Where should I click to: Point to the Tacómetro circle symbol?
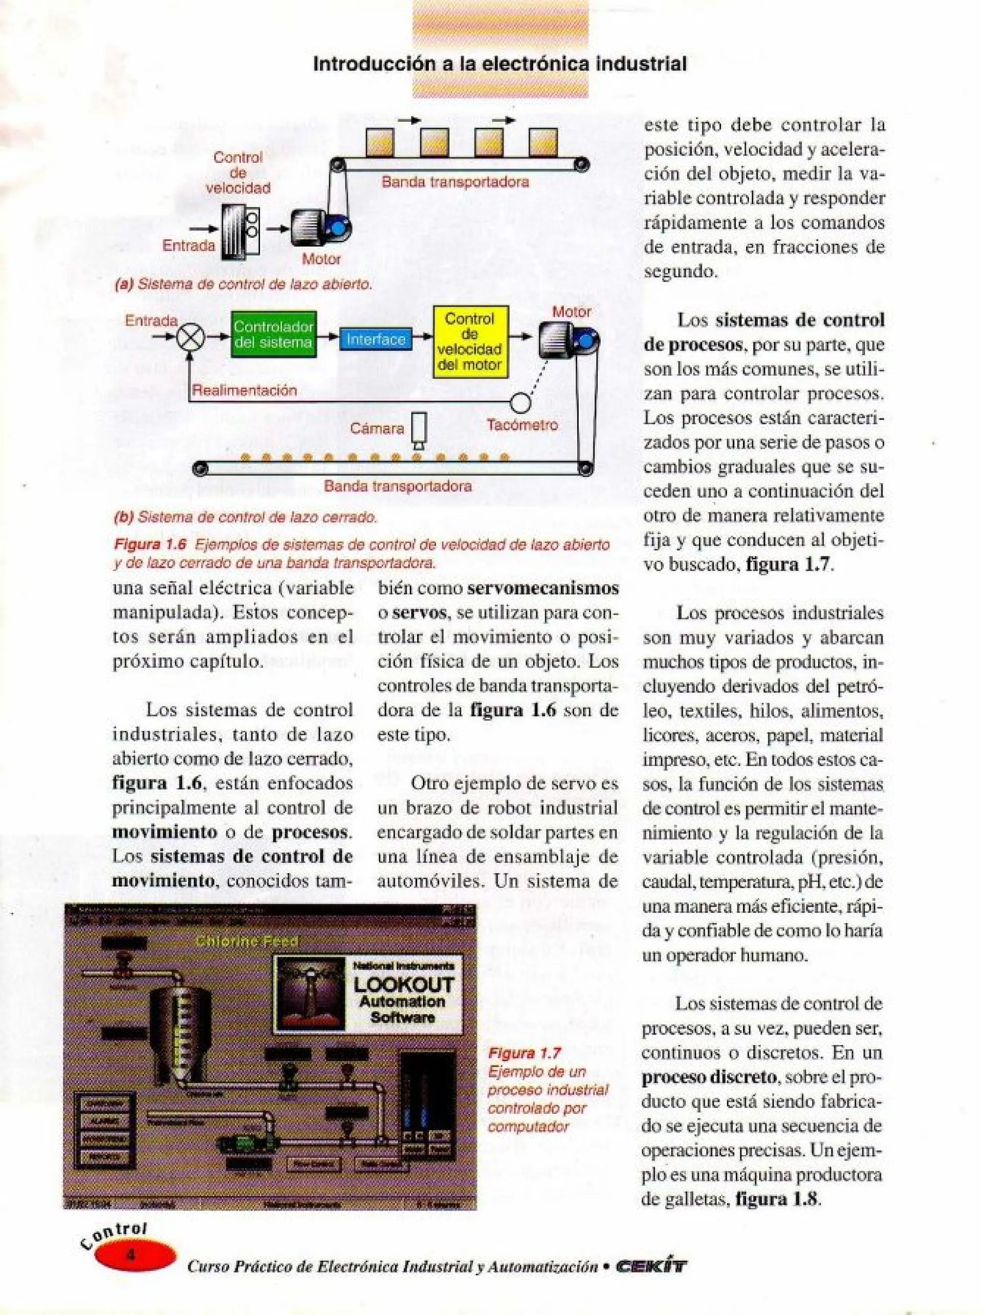[x=520, y=404]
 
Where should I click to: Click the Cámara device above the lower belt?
[x=420, y=429]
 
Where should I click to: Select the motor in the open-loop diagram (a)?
[x=319, y=228]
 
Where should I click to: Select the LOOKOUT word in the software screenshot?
[x=403, y=985]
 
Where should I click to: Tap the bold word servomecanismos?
[x=543, y=589]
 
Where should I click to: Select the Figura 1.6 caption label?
[x=150, y=545]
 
